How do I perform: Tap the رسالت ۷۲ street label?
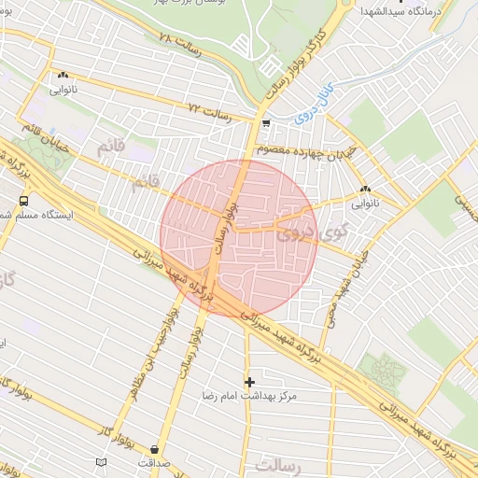click(209, 113)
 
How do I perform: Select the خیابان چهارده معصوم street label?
click(296, 149)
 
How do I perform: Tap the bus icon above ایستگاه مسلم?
click(23, 200)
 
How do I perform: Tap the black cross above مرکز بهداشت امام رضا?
click(248, 381)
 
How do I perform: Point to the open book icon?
click(101, 462)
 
